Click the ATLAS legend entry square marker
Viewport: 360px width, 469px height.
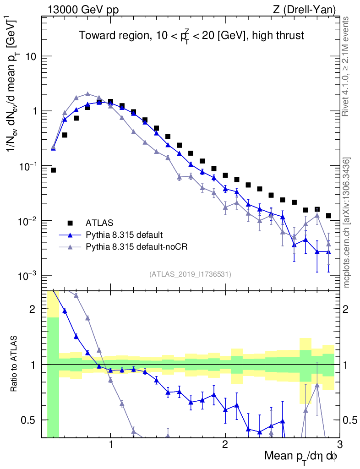(71, 223)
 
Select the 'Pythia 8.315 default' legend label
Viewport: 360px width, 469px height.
(124, 235)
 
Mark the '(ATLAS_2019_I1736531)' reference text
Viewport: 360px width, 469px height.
(190, 274)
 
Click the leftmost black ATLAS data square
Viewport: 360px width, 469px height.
(53, 170)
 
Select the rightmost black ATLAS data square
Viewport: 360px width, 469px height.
(328, 215)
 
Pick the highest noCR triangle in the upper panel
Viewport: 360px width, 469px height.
(87, 94)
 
